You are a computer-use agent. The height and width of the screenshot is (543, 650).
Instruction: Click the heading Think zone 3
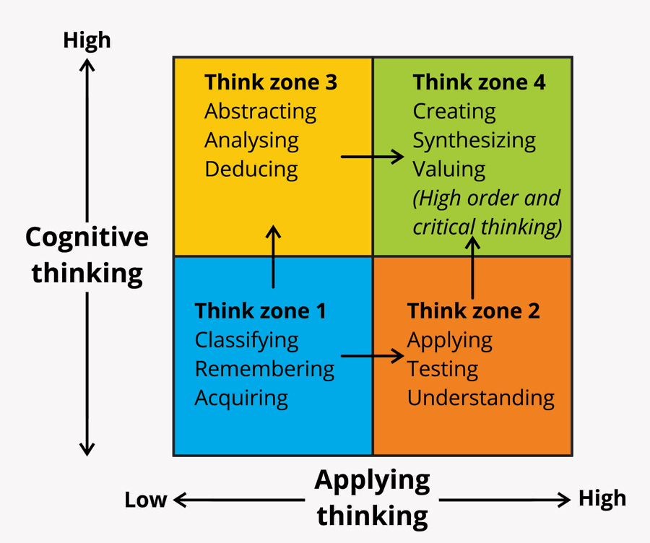tap(271, 82)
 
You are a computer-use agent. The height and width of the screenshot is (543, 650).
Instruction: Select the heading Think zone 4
tap(479, 82)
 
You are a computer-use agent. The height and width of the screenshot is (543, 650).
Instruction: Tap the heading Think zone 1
tap(261, 311)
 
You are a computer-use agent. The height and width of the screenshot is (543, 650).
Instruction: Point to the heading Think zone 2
tap(474, 311)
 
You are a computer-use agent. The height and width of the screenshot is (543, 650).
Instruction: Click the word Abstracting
tap(260, 112)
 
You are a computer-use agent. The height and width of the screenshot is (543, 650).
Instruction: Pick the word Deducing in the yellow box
tap(251, 170)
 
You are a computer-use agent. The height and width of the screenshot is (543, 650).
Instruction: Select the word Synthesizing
tap(474, 141)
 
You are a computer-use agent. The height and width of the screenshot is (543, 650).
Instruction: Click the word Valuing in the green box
tap(448, 170)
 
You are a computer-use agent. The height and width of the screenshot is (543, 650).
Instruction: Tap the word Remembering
tap(264, 369)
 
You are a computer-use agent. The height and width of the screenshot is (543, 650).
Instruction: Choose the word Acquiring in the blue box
tap(241, 398)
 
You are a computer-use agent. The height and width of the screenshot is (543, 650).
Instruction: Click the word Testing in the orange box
tap(442, 369)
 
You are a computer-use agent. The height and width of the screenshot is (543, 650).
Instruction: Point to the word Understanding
tap(480, 398)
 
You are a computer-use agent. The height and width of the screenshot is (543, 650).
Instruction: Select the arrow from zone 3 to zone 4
tap(372, 156)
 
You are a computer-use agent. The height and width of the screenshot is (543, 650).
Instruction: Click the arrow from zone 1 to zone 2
tap(372, 355)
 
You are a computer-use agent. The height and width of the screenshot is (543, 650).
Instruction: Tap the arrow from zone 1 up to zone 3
tap(273, 256)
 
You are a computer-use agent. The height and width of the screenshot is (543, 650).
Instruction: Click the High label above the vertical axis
tap(87, 40)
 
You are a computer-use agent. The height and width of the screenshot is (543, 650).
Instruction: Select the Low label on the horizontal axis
tap(146, 500)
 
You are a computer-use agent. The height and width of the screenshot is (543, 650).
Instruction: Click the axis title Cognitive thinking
tap(87, 255)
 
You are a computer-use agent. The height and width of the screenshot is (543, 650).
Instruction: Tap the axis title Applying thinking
tap(373, 498)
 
